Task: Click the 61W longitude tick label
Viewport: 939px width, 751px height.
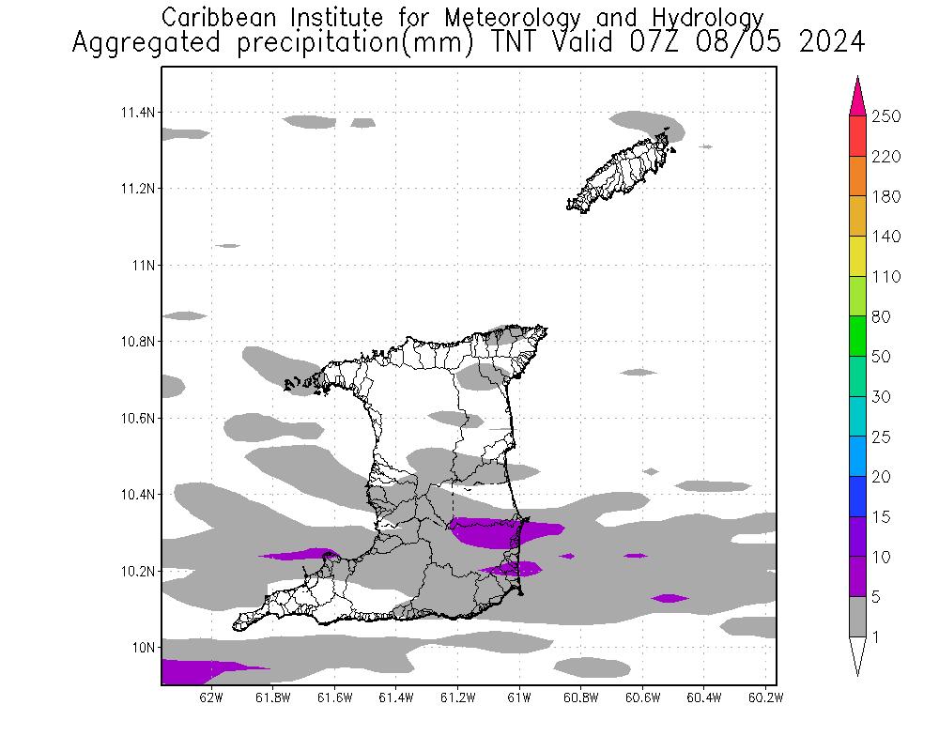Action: point(518,697)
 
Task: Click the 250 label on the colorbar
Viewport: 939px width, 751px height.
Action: point(886,116)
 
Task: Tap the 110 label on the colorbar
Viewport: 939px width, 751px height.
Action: point(886,277)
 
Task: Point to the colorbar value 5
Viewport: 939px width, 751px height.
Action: point(880,597)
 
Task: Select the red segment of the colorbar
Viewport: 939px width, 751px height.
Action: point(856,136)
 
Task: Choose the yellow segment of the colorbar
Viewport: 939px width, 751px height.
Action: point(856,256)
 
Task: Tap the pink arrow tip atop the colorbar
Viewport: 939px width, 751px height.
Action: point(856,94)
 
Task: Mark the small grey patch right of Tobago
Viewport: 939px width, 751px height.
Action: point(706,146)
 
